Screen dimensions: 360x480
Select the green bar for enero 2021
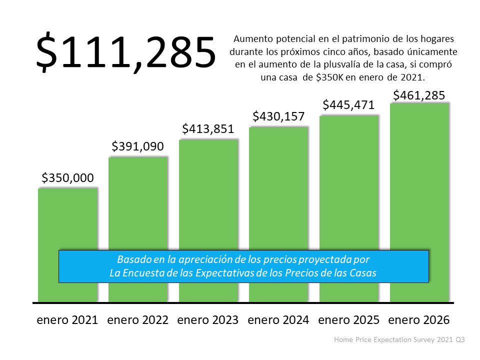point(67,220)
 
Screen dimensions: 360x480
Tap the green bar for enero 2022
point(137,205)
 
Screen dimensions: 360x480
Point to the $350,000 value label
point(67,177)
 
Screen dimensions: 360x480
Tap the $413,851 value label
point(208,129)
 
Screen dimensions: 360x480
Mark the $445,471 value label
point(349,105)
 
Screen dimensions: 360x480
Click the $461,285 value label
point(419,95)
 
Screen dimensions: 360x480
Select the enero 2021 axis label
point(67,320)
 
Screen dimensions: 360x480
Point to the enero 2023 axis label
point(208,320)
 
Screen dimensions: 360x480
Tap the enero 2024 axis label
point(278,320)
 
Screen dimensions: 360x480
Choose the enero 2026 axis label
point(419,320)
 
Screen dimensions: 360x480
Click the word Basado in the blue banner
point(132,260)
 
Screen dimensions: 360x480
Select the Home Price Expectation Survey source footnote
point(399,339)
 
